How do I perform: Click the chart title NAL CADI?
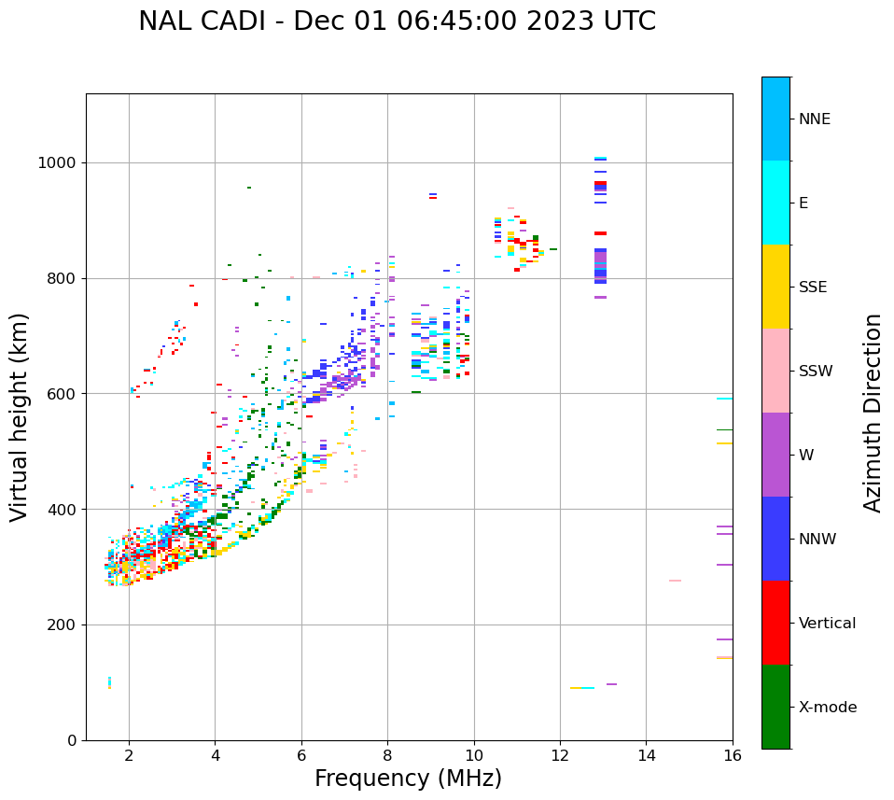click(x=397, y=21)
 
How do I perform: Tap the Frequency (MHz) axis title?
click(x=408, y=779)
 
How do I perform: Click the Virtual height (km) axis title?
click(x=20, y=416)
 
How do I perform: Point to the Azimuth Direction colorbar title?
click(x=873, y=413)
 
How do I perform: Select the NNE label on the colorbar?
click(x=814, y=119)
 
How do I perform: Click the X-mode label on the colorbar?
click(x=828, y=708)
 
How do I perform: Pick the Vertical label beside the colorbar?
click(x=827, y=624)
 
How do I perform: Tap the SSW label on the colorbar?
click(x=816, y=372)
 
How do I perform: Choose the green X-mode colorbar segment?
click(x=775, y=707)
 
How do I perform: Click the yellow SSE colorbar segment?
click(x=775, y=287)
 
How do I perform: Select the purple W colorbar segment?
click(x=775, y=455)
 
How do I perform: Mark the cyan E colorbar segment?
click(x=775, y=203)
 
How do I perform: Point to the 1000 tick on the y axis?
click(x=59, y=163)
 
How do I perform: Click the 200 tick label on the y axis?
click(x=63, y=625)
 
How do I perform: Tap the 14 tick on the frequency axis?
click(x=646, y=755)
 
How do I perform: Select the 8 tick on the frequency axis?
click(x=387, y=755)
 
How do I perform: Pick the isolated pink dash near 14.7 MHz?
click(x=675, y=581)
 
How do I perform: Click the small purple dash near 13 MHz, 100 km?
click(x=611, y=684)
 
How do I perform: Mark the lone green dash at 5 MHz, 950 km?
click(x=249, y=188)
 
